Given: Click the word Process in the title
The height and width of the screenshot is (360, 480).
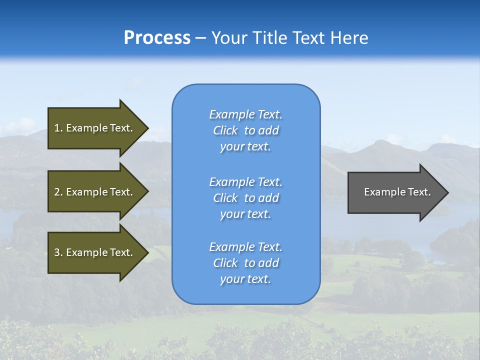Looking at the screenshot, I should tap(157, 38).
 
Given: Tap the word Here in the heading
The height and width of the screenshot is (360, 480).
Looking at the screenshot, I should tap(350, 38).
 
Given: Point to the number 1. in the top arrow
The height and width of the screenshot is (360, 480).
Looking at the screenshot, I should tap(58, 128).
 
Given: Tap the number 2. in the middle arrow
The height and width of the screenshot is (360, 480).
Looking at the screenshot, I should tap(58, 192).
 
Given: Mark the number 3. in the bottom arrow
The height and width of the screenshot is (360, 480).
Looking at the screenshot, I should tap(58, 252).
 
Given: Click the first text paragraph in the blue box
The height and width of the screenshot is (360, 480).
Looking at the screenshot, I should tap(245, 130).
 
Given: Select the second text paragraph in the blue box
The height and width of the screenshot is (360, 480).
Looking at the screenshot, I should tap(245, 198).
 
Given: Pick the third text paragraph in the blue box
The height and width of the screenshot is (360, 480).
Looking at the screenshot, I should tap(245, 263).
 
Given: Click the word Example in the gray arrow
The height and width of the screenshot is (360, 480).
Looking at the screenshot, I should tap(381, 192).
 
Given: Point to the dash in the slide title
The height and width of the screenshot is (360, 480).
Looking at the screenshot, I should tap(200, 38).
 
